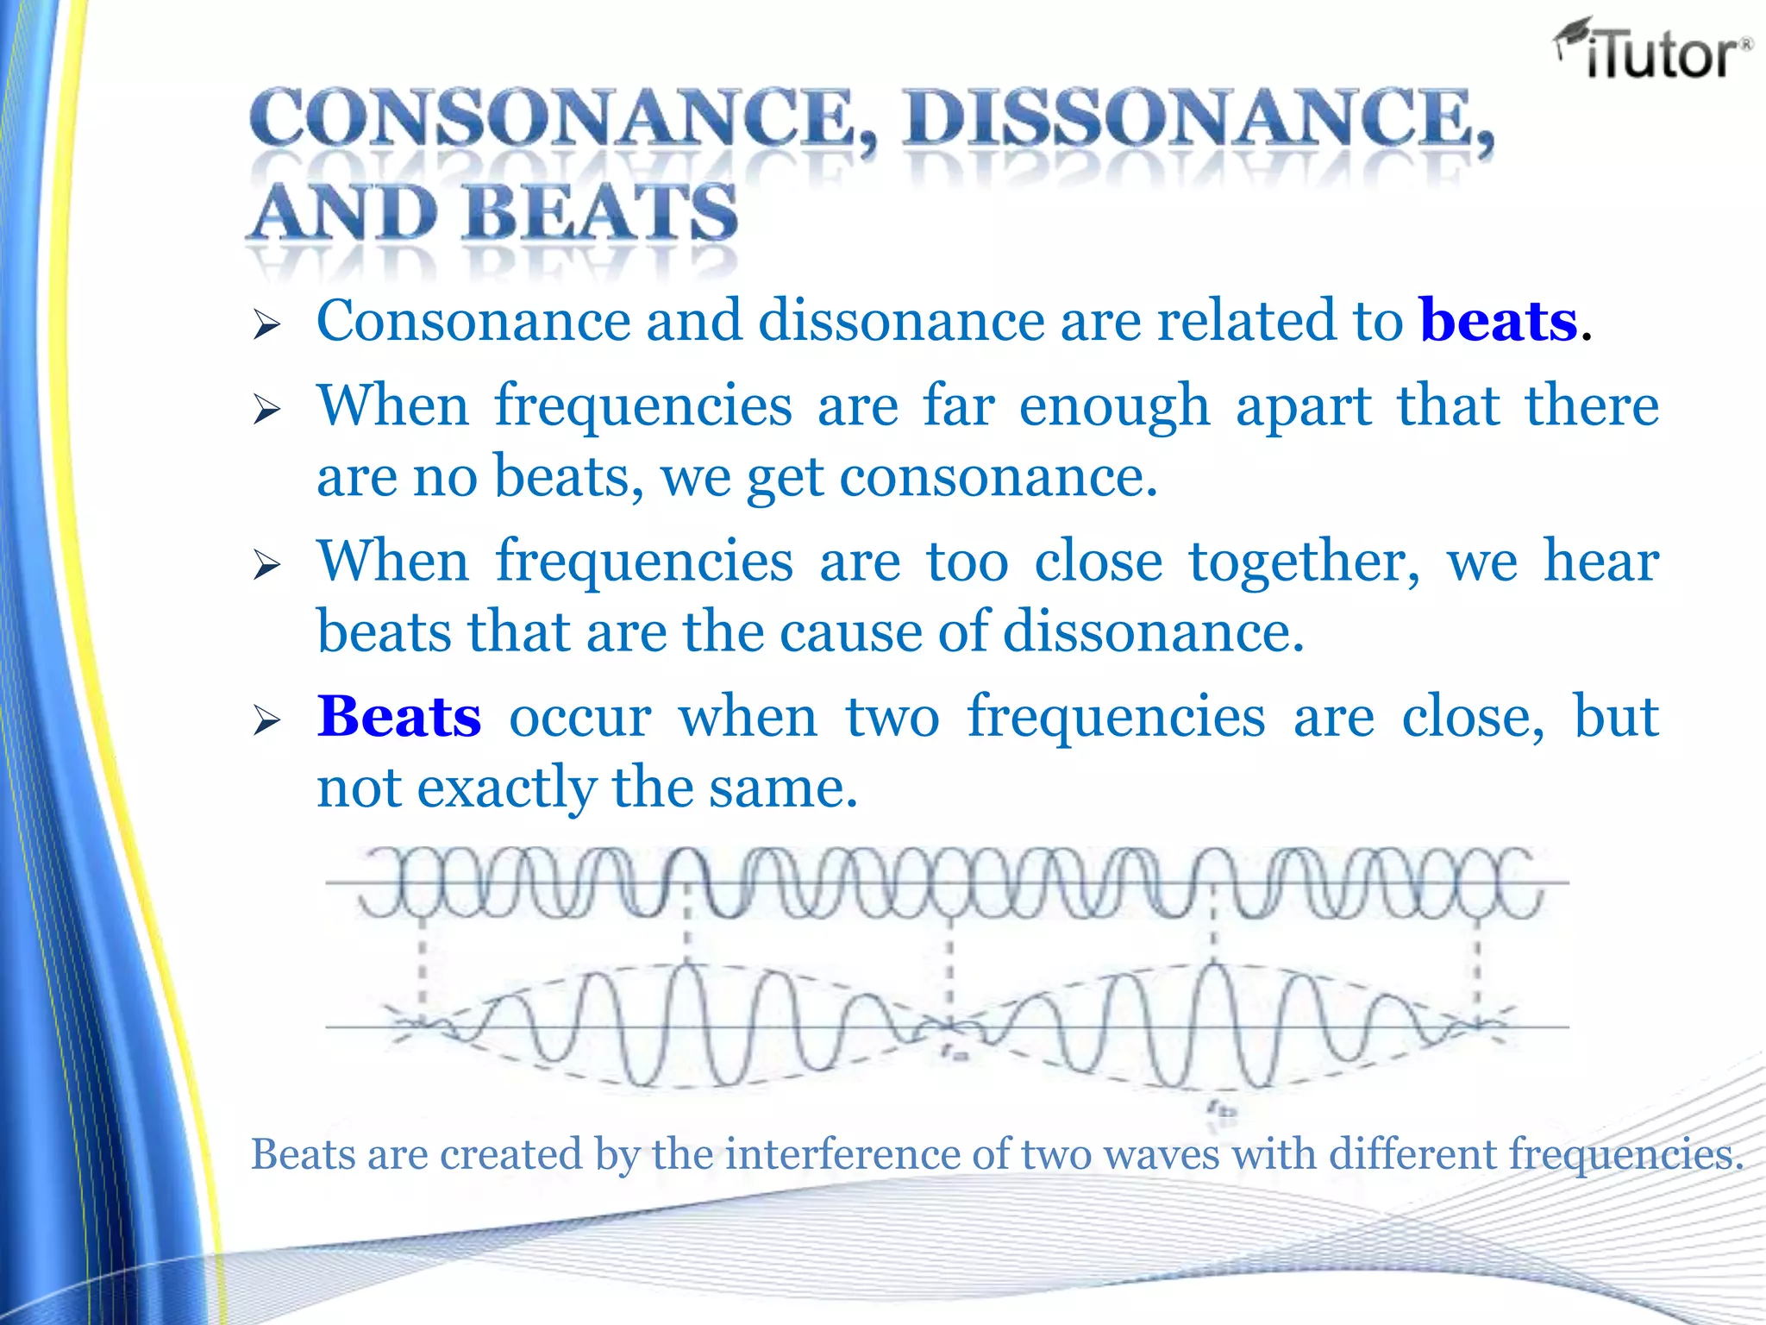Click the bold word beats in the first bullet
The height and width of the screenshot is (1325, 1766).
1499,321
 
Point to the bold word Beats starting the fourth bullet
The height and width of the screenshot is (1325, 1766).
398,717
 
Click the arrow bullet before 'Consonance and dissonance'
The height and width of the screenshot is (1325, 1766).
267,325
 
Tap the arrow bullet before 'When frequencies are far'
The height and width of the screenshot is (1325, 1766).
267,409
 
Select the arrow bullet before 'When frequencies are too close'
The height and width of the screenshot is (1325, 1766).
267,566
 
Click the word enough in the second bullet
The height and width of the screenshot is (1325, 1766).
1114,407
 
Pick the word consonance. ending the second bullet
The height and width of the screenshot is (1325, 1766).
998,477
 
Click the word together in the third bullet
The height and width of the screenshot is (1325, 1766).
1304,562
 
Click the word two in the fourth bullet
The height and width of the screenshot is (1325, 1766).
892,717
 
